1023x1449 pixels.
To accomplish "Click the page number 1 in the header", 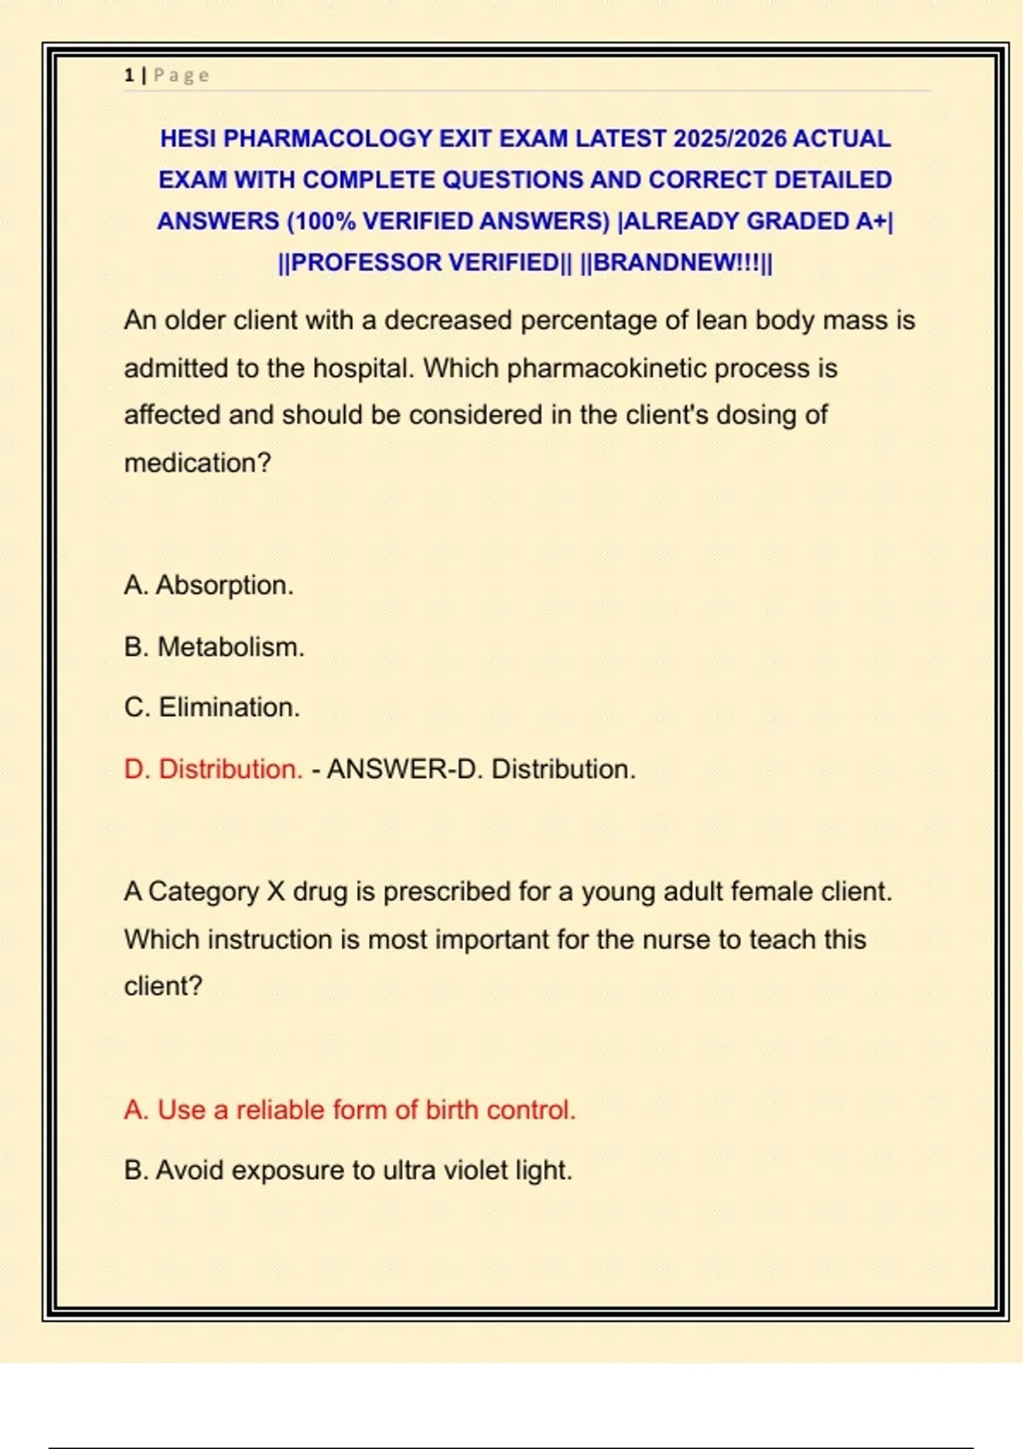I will [129, 75].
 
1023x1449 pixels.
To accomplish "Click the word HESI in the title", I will [188, 138].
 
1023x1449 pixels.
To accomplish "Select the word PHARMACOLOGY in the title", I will [327, 138].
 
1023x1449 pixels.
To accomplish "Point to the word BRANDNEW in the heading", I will [666, 263].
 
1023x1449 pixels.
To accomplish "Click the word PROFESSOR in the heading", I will [367, 263].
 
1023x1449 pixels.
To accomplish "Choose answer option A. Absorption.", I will [209, 586].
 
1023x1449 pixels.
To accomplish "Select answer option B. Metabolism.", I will [214, 647].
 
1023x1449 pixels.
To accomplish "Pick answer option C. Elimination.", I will [212, 707].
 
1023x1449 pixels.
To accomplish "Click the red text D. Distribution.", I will [213, 769].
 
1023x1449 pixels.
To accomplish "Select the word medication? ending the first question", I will [197, 463].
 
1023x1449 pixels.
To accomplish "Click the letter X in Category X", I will [276, 892].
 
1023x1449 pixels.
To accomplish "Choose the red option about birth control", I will [350, 1110].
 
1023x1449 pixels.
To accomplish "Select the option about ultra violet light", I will [348, 1170].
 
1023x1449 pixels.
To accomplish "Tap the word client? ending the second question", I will [163, 986].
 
